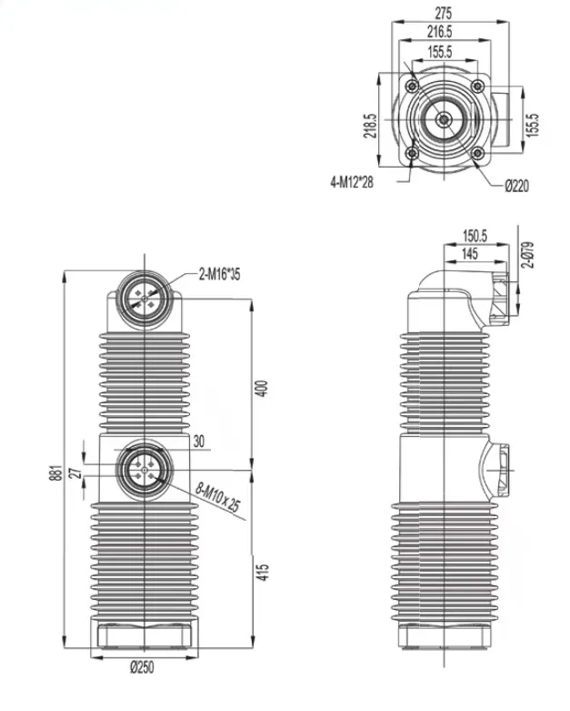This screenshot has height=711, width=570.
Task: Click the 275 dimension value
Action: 443,13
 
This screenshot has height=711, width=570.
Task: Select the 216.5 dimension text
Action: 439,32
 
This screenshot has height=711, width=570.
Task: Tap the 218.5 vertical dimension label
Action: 370,126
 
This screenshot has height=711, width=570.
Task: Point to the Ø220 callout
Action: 516,186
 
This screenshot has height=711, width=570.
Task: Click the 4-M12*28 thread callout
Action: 352,182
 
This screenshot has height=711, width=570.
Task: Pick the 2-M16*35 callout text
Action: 220,274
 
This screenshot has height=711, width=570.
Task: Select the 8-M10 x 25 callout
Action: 218,497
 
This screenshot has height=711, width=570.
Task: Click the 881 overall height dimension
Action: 55,473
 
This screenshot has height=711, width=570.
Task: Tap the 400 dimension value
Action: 262,389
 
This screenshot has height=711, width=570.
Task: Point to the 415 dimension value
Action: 262,573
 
